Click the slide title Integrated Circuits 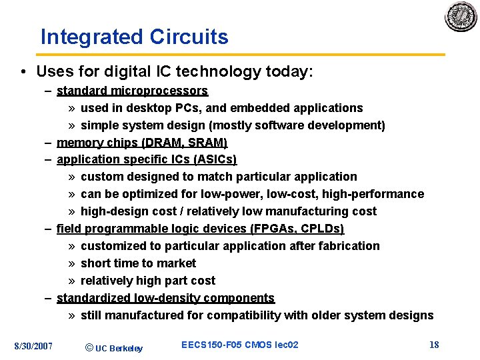pyautogui.click(x=134, y=37)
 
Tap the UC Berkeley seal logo pyautogui.click(x=461, y=17)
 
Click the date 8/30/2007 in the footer pyautogui.click(x=33, y=345)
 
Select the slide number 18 pyautogui.click(x=434, y=345)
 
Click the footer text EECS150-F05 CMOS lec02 pyautogui.click(x=239, y=345)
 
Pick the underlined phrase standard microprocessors pyautogui.click(x=132, y=91)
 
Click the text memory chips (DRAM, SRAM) pyautogui.click(x=142, y=143)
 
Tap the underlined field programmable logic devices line pyautogui.click(x=200, y=229)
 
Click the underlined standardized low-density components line pyautogui.click(x=165, y=298)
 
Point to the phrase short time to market pyautogui.click(x=138, y=263)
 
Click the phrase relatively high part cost pyautogui.click(x=148, y=281)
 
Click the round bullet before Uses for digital pyautogui.click(x=23, y=71)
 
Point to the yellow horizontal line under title pyautogui.click(x=240, y=55)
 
